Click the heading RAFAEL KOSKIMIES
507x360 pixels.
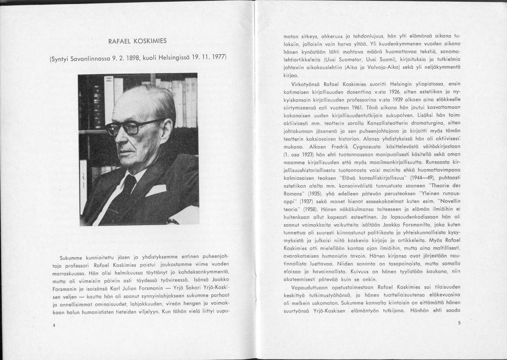137,41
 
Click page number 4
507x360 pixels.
53,325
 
